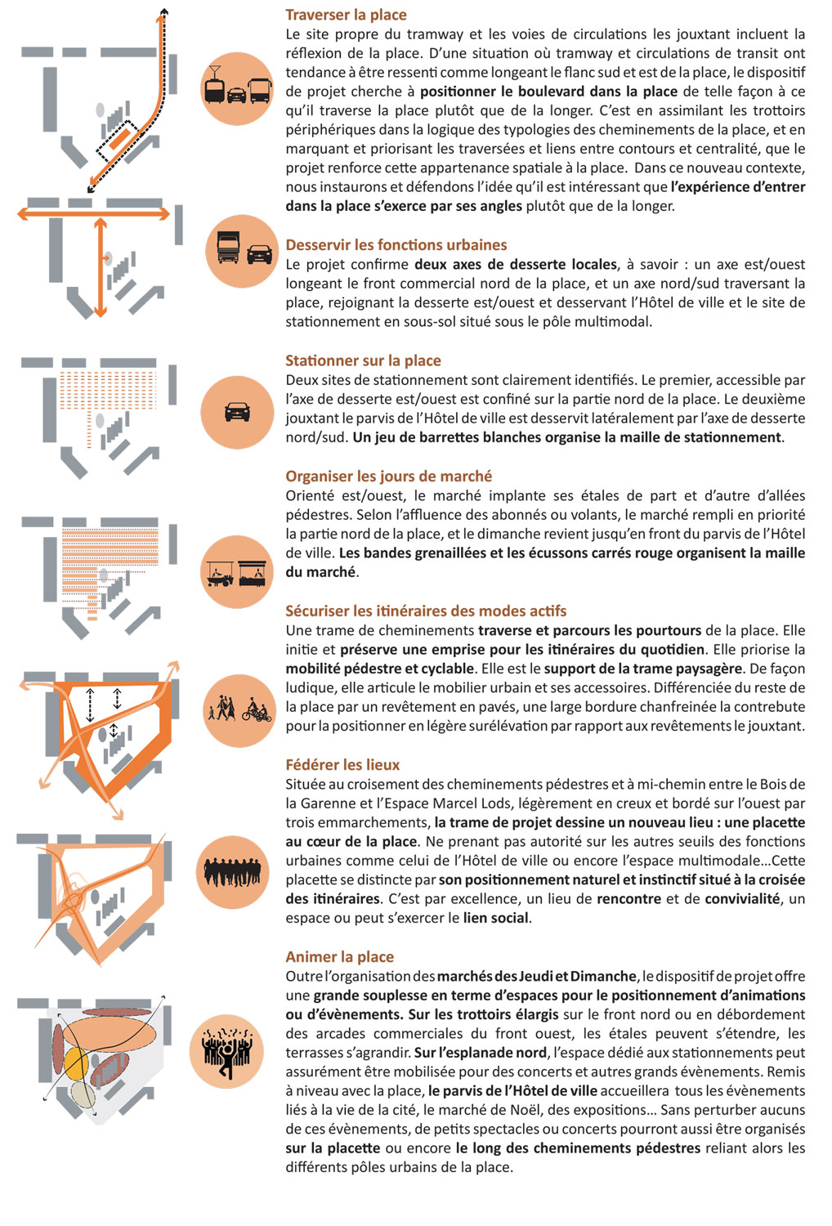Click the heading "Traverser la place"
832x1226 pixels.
[x=346, y=15]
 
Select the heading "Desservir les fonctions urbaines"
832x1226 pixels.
[x=396, y=245]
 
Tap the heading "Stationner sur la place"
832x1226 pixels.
[x=363, y=360]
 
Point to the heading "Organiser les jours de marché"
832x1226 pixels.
[x=388, y=477]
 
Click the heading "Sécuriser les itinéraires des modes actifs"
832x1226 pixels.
[x=426, y=611]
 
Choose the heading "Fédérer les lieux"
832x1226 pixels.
[x=342, y=765]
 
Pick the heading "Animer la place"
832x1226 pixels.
[x=339, y=957]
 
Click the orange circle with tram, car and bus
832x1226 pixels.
[x=237, y=89]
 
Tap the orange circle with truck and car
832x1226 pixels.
[x=244, y=251]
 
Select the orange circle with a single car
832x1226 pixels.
[x=237, y=412]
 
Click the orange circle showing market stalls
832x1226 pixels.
[x=237, y=572]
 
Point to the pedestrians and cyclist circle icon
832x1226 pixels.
[x=239, y=709]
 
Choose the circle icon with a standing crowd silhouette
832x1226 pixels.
[x=233, y=873]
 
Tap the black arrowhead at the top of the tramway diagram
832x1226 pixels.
[x=164, y=11]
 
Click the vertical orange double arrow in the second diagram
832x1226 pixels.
[x=101, y=267]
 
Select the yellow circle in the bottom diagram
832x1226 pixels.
[x=76, y=1063]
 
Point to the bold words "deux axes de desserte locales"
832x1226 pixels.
[x=515, y=265]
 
